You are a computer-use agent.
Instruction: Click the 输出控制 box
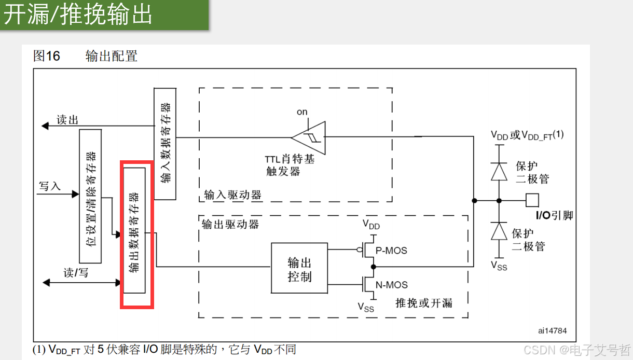(x=299, y=268)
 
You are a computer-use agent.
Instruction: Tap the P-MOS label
(x=391, y=251)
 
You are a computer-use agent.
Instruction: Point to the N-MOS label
(x=391, y=285)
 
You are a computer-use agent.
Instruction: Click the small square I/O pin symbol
(x=532, y=200)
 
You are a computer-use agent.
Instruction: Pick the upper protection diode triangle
(x=499, y=171)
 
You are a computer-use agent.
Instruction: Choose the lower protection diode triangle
(x=499, y=231)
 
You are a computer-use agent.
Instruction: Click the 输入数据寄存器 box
(x=165, y=143)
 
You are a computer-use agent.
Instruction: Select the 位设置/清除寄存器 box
(x=90, y=196)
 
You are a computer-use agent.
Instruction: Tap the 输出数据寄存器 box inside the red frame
(x=134, y=230)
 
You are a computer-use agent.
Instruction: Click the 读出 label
(x=67, y=120)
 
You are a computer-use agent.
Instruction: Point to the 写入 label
(x=50, y=186)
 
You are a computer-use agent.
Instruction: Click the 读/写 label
(x=76, y=273)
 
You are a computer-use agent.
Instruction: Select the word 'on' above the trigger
(x=302, y=112)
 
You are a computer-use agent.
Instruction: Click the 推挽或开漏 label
(x=423, y=303)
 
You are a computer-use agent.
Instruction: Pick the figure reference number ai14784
(x=552, y=330)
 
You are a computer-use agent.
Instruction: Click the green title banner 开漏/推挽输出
(x=104, y=15)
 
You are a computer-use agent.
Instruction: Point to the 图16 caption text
(x=47, y=56)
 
